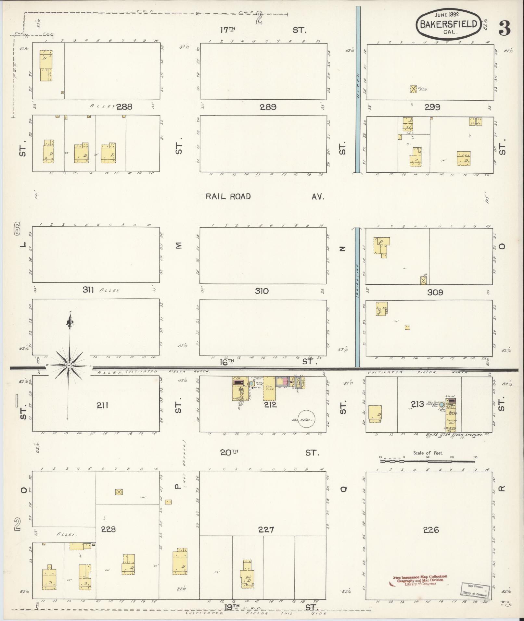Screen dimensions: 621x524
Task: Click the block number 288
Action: pyautogui.click(x=124, y=107)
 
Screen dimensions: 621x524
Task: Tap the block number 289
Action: pyautogui.click(x=268, y=107)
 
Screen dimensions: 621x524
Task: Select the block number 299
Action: pyautogui.click(x=432, y=107)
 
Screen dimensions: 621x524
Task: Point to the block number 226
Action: pyautogui.click(x=431, y=530)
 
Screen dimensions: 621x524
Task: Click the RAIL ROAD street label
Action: pyautogui.click(x=228, y=196)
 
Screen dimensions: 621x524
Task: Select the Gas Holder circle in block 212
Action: pyautogui.click(x=307, y=419)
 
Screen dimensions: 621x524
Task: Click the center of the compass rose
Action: pyautogui.click(x=69, y=366)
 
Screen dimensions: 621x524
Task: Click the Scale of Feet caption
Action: pyautogui.click(x=428, y=453)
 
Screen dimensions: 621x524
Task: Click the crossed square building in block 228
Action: pyautogui.click(x=119, y=492)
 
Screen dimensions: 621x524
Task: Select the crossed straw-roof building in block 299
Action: pyautogui.click(x=413, y=89)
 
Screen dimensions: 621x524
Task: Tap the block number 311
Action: pyautogui.click(x=88, y=290)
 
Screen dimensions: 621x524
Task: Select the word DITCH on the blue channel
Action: pyautogui.click(x=358, y=81)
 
